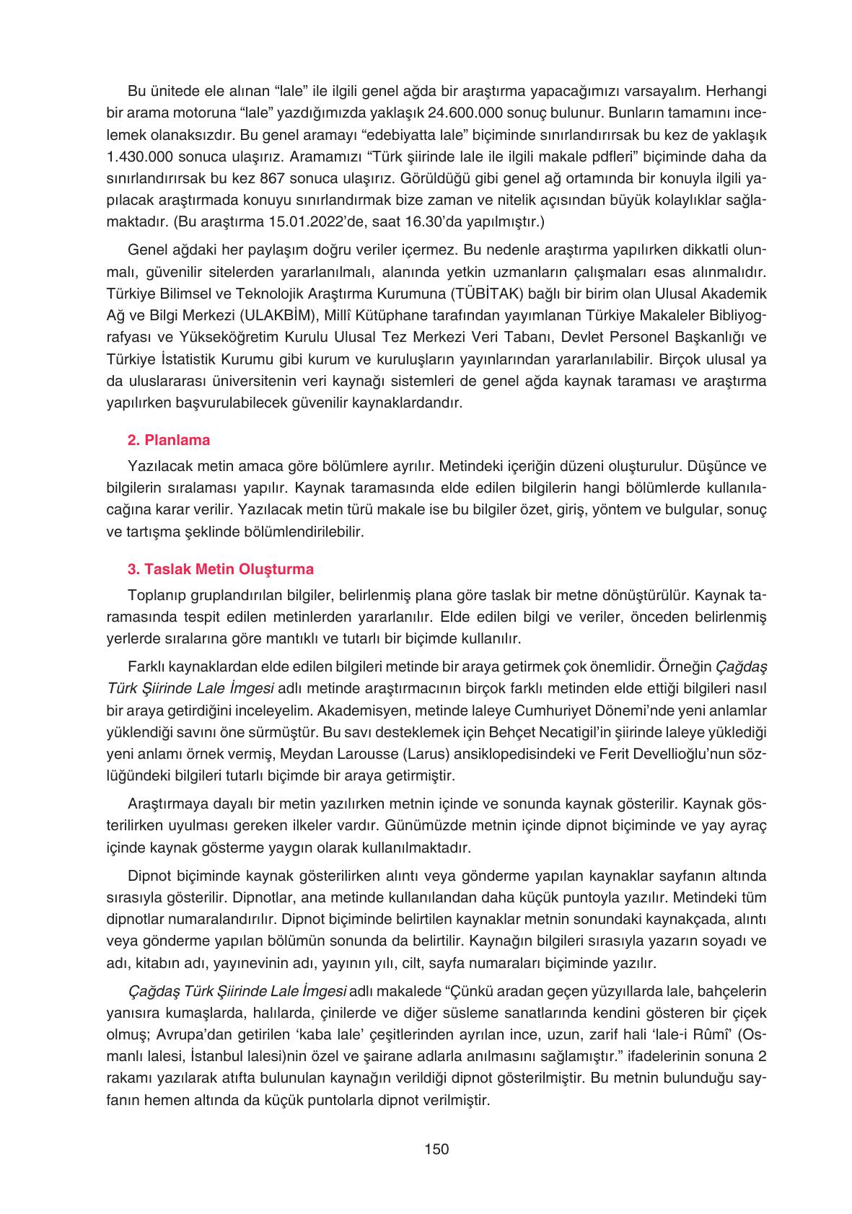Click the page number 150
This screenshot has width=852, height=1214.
(437, 1149)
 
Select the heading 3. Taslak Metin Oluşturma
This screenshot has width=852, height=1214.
(220, 569)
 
